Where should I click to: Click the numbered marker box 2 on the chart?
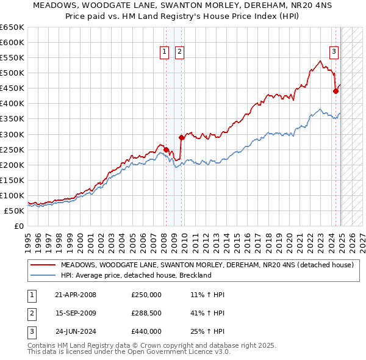click(x=180, y=52)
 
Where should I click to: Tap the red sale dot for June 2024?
click(x=335, y=91)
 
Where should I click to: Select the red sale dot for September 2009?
click(x=181, y=137)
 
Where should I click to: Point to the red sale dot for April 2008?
click(x=167, y=149)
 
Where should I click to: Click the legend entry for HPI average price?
click(x=136, y=275)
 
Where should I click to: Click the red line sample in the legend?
click(x=43, y=265)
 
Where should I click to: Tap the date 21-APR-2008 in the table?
click(x=76, y=295)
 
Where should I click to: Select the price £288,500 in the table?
click(x=146, y=313)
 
